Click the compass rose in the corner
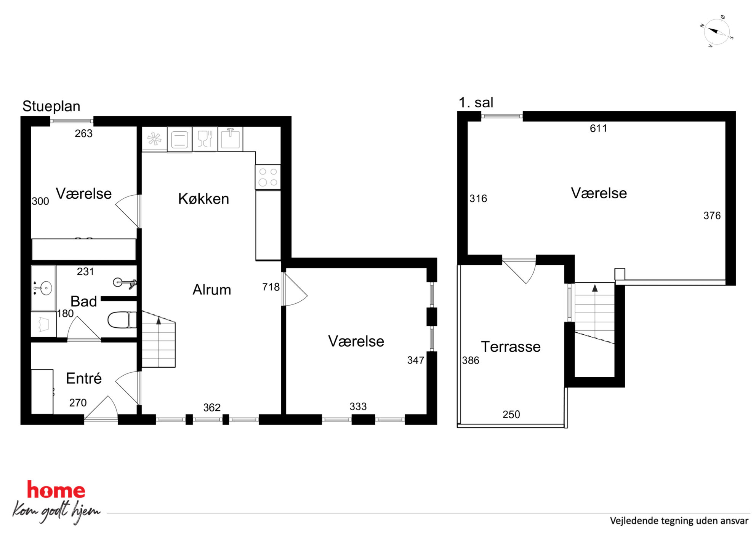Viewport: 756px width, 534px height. coord(716,32)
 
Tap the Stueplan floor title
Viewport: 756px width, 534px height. coord(51,106)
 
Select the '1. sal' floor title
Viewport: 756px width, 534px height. coord(476,102)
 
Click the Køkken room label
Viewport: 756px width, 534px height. coord(203,199)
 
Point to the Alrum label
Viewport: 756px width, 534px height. coord(212,290)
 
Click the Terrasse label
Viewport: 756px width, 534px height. coord(511,347)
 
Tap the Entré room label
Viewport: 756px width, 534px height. coord(84,378)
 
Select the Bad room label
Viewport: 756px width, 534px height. coord(84,301)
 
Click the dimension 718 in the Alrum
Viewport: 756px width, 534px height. coord(271,287)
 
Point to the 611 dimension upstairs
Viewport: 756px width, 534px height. coord(598,128)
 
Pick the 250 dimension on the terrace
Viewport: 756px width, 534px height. coord(511,414)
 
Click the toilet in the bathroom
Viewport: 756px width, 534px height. coord(122,320)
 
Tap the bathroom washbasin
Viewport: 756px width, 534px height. coord(43,288)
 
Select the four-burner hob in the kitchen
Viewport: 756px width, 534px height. coord(268,177)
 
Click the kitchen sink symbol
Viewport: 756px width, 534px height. coord(230,139)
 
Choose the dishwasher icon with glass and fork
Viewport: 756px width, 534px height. coord(205,139)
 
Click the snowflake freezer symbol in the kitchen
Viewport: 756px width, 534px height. coord(154,139)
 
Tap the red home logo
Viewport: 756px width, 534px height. coord(56,490)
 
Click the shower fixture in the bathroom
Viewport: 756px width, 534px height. coord(125,283)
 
